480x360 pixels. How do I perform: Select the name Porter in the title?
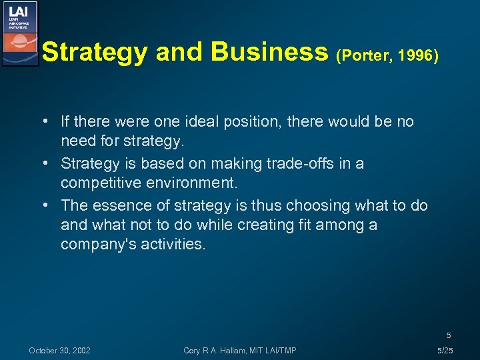[x=365, y=55]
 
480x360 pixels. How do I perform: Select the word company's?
[x=93, y=244]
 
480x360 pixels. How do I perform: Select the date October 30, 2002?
[x=59, y=351]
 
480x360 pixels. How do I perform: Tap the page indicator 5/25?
[x=444, y=351]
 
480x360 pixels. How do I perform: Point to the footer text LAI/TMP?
[x=281, y=351]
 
